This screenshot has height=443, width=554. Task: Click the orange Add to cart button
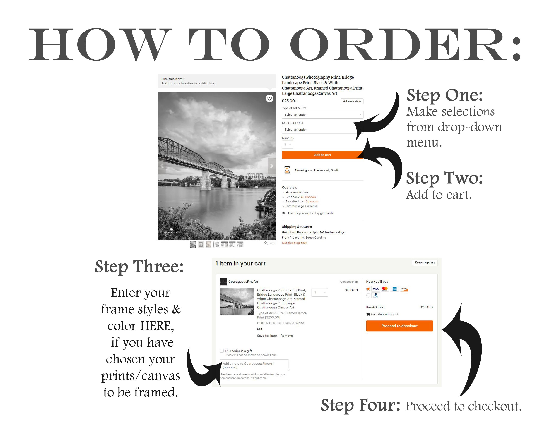coord(322,155)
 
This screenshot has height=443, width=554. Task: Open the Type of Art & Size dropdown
coord(322,115)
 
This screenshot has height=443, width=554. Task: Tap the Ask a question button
coord(352,101)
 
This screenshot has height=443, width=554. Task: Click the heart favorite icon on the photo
coord(269,98)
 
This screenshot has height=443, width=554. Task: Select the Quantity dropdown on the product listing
coord(287,144)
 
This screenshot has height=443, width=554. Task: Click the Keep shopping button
coord(425,262)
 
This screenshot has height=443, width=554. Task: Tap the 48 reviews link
coord(308,197)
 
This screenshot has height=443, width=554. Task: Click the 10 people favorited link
coord(311,202)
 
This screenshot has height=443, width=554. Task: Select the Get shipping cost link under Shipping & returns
coord(294,243)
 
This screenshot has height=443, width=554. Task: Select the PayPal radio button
coord(368,295)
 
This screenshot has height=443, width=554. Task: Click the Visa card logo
coord(376,289)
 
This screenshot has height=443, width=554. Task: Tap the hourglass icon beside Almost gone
coord(287,170)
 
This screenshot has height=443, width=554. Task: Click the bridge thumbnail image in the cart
coord(237,302)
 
